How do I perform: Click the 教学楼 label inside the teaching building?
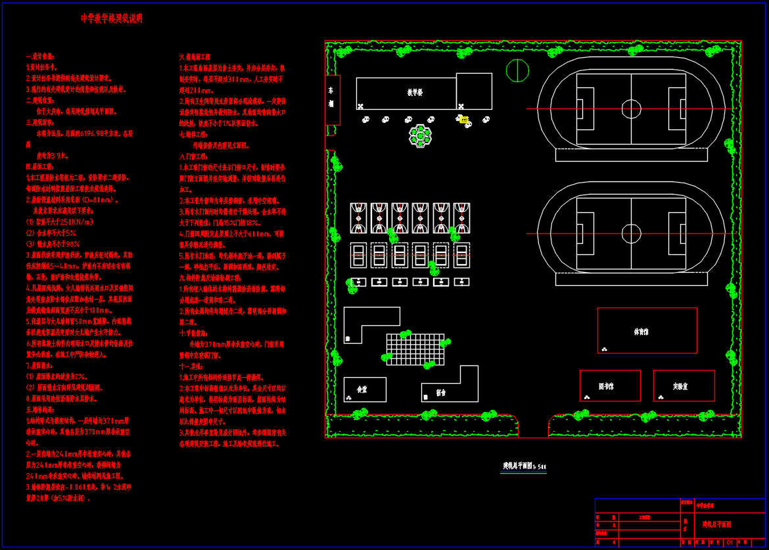[x=414, y=93]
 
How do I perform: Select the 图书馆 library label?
[x=606, y=386]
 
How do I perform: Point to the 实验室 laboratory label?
[x=680, y=386]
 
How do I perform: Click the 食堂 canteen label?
[x=362, y=390]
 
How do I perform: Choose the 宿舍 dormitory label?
[x=440, y=393]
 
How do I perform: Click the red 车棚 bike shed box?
[x=332, y=100]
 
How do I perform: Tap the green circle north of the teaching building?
[x=517, y=70]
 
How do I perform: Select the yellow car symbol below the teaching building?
[x=464, y=120]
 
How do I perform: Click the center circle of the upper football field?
[x=631, y=108]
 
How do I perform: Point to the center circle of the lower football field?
[x=631, y=233]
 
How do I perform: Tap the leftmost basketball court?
[x=358, y=218]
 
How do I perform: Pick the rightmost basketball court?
[x=461, y=218]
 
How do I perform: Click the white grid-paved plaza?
[x=415, y=349]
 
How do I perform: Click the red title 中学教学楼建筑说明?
[x=111, y=19]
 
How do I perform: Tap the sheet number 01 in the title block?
[x=729, y=543]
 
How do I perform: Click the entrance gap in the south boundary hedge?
[x=533, y=427]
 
